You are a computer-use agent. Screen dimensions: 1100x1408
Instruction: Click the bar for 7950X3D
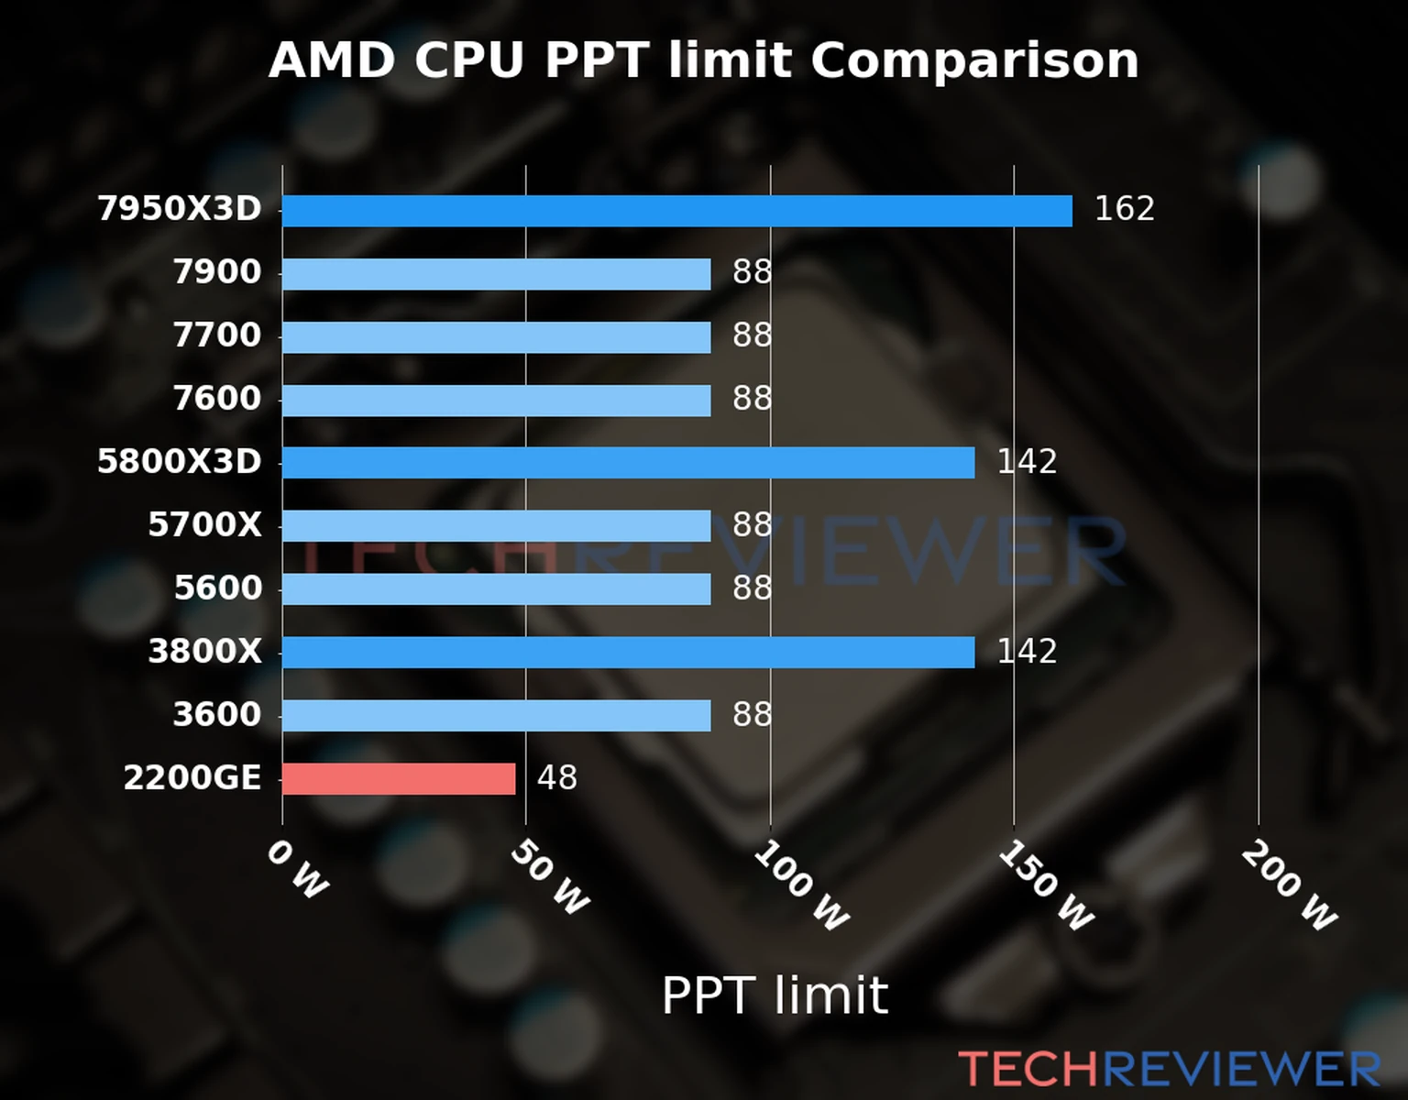676,211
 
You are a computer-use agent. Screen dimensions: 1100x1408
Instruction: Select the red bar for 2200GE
399,779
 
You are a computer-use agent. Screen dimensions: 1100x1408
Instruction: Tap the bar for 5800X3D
628,463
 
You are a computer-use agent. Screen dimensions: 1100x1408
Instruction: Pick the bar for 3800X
628,653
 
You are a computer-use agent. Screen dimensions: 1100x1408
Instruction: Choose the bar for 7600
496,401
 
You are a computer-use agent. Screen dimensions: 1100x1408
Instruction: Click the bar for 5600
496,589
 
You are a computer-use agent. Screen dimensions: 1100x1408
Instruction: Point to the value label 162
1124,209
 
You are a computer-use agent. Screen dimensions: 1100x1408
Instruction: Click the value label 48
557,778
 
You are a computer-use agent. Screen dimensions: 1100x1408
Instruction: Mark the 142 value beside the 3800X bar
1027,652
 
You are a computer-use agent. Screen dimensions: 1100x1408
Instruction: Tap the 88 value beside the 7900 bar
752,272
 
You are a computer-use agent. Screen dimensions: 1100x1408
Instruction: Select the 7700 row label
217,335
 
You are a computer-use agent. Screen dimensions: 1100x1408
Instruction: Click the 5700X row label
204,525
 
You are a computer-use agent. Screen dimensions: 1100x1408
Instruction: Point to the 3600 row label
217,715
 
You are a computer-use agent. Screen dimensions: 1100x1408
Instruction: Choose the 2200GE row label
192,778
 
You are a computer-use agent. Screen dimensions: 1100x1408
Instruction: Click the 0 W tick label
297,869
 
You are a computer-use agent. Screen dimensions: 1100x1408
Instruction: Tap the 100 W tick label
800,885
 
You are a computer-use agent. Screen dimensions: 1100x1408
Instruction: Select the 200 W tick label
1289,885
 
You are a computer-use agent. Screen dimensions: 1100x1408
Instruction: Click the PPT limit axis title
775,995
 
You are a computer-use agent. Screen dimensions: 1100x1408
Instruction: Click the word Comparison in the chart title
974,60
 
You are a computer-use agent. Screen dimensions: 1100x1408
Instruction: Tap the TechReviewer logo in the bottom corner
1169,1069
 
